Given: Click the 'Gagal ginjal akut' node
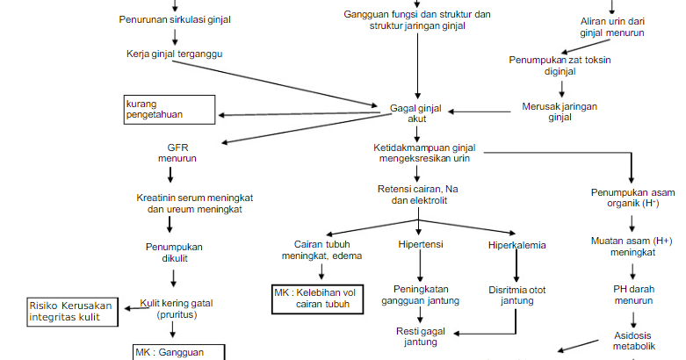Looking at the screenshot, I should pos(415,114).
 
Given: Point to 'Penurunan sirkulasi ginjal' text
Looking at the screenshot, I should pos(170,19).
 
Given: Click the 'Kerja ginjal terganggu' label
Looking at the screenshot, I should pos(174,54).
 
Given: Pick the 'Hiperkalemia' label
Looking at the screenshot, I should pos(516,245).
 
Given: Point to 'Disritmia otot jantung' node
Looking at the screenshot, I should pos(516,294).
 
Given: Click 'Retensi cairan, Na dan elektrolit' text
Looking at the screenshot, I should pos(418,195).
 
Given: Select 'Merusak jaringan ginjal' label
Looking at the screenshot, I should pos(560,112).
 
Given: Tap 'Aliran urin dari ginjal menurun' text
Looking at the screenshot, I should pos(612,26).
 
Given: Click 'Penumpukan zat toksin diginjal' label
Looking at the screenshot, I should pos(560,66).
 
